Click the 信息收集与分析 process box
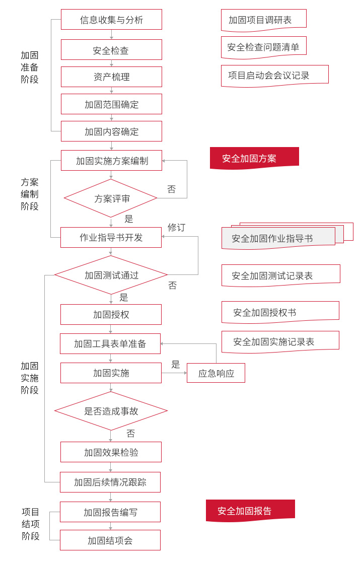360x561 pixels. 111,20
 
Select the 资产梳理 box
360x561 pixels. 111,77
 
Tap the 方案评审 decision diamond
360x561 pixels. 111,198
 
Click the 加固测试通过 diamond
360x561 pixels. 111,275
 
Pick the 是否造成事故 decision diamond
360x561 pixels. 111,411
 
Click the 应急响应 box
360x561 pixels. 216,373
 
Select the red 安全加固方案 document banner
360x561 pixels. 254,158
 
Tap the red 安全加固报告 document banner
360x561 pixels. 250,511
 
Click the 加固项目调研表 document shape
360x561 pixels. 263,20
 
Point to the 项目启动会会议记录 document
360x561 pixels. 274,76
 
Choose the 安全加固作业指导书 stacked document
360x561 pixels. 278,238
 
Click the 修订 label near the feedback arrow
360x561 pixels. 176,228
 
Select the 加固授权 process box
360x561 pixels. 111,315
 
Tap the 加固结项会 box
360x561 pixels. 110,540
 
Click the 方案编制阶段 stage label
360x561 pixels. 30,194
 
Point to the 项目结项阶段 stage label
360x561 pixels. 31,524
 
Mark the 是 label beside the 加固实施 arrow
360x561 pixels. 176,365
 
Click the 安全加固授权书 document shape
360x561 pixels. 280,312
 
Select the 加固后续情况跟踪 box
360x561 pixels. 110,482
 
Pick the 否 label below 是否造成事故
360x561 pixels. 131,434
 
